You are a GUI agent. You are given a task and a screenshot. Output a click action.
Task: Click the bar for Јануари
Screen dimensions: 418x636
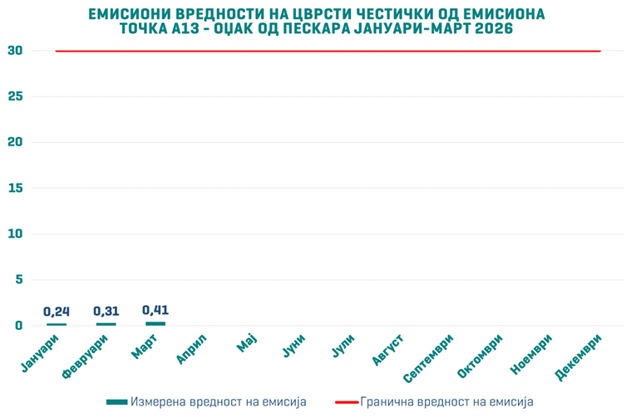coord(57,324)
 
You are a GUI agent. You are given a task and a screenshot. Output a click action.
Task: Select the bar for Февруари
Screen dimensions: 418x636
coord(106,324)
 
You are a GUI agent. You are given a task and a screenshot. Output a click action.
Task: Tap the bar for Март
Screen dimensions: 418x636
coord(155,323)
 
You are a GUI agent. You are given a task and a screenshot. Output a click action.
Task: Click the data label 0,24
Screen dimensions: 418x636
coord(57,312)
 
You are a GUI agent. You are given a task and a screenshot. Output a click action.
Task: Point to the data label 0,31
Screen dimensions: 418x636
coord(106,312)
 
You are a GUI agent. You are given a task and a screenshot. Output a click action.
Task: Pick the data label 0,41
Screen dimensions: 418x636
coord(155,310)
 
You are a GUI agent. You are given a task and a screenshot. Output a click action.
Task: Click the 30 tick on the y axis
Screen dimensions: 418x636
coord(14,51)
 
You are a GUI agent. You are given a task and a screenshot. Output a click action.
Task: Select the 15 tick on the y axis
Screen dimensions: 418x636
coord(14,188)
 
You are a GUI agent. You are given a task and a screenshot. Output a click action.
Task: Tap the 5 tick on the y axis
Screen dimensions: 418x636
coord(17,280)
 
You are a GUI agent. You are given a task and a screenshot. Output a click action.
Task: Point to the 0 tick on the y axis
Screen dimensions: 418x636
coord(17,326)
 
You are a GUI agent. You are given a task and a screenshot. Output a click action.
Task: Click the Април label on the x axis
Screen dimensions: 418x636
coord(192,349)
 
